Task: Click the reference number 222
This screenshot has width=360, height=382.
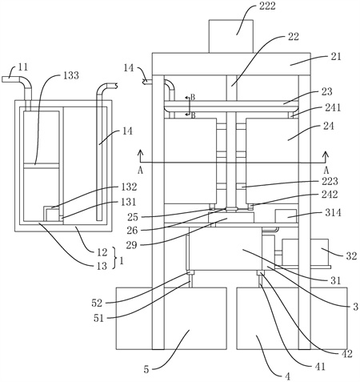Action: click(267, 6)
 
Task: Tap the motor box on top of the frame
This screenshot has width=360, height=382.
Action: click(230, 36)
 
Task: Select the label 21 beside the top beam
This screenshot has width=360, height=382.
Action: click(335, 57)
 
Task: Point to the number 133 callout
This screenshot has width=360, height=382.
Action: click(70, 75)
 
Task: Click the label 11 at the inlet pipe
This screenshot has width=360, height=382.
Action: click(23, 67)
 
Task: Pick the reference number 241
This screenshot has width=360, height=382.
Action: click(333, 107)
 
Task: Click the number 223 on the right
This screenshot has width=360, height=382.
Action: click(330, 181)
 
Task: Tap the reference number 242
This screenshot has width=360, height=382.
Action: click(330, 195)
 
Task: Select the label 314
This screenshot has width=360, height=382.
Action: click(333, 212)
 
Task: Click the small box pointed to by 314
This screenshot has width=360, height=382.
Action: click(286, 216)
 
